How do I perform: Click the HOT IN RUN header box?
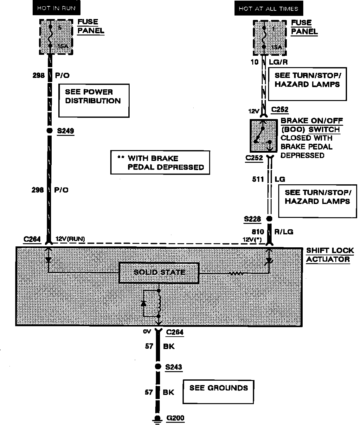pos(56,8)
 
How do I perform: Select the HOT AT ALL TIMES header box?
pos(268,9)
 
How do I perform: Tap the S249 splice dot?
pos(49,131)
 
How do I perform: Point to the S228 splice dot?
pos(269,219)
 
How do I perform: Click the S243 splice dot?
pos(157,367)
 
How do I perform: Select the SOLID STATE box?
pos(159,272)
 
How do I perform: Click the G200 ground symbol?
pos(157,419)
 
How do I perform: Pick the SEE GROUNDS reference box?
pos(218,392)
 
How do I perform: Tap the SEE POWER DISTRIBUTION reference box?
pos(93,100)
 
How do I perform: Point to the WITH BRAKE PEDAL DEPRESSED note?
pos(160,162)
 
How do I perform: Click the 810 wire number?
pos(258,232)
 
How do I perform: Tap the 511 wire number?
pos(258,179)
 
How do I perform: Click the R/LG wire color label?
pos(284,232)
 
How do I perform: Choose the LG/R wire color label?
pos(278,62)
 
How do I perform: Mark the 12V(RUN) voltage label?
pos(70,239)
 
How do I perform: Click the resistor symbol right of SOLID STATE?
pos(236,273)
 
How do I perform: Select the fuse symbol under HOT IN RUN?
pos(50,36)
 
